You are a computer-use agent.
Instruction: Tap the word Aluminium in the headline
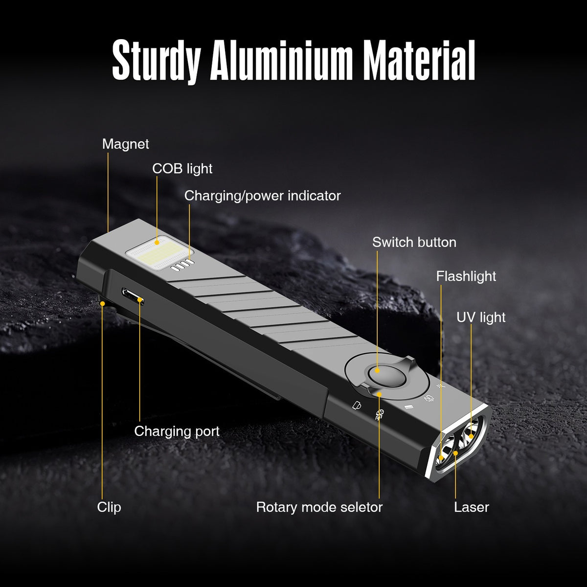(x=281, y=60)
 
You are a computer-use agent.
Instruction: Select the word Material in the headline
(x=419, y=60)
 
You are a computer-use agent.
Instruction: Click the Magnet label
(x=126, y=144)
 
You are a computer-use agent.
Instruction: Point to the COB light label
(x=182, y=169)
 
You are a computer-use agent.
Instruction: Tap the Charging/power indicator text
(x=262, y=196)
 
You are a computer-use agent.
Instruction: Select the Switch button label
(x=414, y=243)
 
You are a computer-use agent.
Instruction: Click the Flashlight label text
(x=466, y=276)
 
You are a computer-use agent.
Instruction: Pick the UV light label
(x=481, y=317)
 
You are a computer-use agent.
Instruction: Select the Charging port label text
(x=177, y=431)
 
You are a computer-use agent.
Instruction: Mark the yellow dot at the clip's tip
(x=103, y=303)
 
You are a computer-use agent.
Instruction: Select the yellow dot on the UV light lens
(x=471, y=436)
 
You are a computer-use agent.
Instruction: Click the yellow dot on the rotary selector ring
(x=379, y=394)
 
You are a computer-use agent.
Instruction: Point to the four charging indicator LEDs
(x=182, y=265)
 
